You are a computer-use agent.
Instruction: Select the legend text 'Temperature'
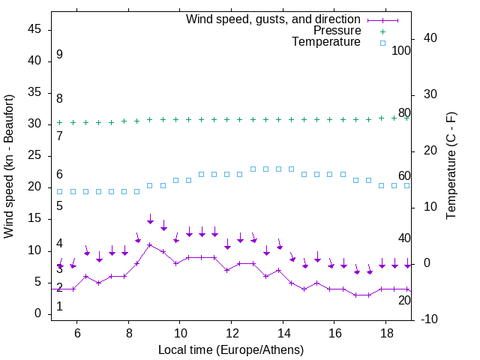click(326, 42)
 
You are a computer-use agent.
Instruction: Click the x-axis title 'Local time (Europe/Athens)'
click(231, 350)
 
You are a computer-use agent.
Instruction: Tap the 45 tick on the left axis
click(35, 28)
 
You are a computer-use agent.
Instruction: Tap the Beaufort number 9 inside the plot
click(59, 55)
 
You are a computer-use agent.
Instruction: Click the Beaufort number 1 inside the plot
click(59, 307)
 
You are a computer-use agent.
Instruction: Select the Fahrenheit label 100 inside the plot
click(401, 51)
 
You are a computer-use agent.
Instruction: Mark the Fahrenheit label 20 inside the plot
click(404, 300)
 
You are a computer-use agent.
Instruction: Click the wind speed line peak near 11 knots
click(150, 244)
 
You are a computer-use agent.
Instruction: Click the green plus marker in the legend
click(382, 31)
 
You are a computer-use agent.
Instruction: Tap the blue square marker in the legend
click(382, 43)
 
